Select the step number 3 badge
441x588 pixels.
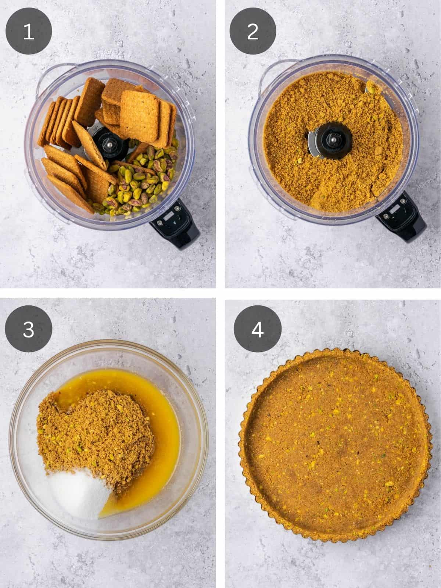click(29, 329)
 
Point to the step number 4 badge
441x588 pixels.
click(257, 329)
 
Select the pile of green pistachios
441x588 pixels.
click(143, 180)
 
